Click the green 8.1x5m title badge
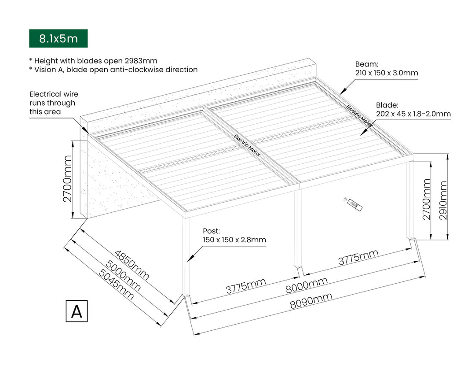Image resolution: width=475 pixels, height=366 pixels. (58, 38)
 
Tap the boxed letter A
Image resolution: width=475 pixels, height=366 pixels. (77, 311)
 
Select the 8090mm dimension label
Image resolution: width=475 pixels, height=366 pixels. (311, 303)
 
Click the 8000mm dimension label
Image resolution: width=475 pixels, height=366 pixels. (307, 286)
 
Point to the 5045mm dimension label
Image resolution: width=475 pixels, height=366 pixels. (116, 285)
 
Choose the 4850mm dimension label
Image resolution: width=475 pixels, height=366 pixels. (132, 266)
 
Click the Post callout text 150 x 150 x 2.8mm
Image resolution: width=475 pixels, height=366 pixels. (234, 240)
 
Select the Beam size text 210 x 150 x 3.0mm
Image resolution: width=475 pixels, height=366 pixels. (386, 73)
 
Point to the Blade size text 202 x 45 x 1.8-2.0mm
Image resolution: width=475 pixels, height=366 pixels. (413, 114)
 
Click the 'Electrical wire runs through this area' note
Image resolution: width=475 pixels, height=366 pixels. (54, 103)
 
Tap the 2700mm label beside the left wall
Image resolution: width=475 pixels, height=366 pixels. (67, 178)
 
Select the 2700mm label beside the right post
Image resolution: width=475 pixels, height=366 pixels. (426, 199)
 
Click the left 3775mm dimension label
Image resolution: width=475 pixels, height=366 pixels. (246, 286)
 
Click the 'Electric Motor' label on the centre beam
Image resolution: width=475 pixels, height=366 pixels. (247, 146)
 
